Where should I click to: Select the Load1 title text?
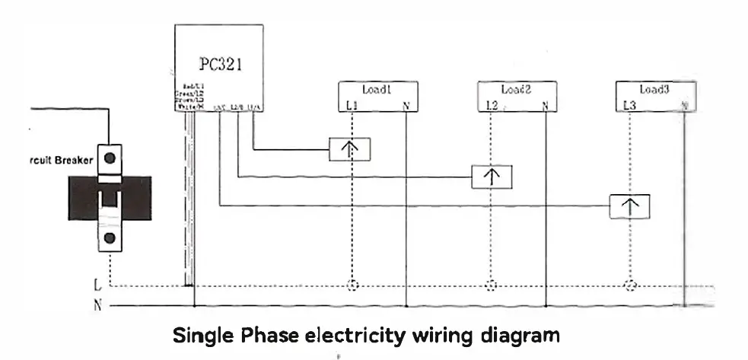point(377,89)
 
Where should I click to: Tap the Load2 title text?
point(516,89)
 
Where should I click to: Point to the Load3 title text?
point(654,89)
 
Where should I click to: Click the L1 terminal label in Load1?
point(351,105)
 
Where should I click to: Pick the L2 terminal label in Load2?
point(491,105)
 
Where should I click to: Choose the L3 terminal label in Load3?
point(629,105)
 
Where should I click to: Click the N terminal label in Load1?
point(406,105)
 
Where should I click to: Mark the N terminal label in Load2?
point(546,105)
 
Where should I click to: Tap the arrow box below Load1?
point(350,149)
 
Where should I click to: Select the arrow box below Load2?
point(492,177)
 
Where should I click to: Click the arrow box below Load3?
point(629,206)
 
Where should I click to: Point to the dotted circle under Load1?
point(352,287)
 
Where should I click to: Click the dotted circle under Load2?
point(491,287)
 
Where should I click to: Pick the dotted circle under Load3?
point(629,287)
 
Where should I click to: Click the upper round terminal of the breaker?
point(111,158)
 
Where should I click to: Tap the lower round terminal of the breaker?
point(111,238)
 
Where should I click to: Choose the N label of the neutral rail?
point(96,306)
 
